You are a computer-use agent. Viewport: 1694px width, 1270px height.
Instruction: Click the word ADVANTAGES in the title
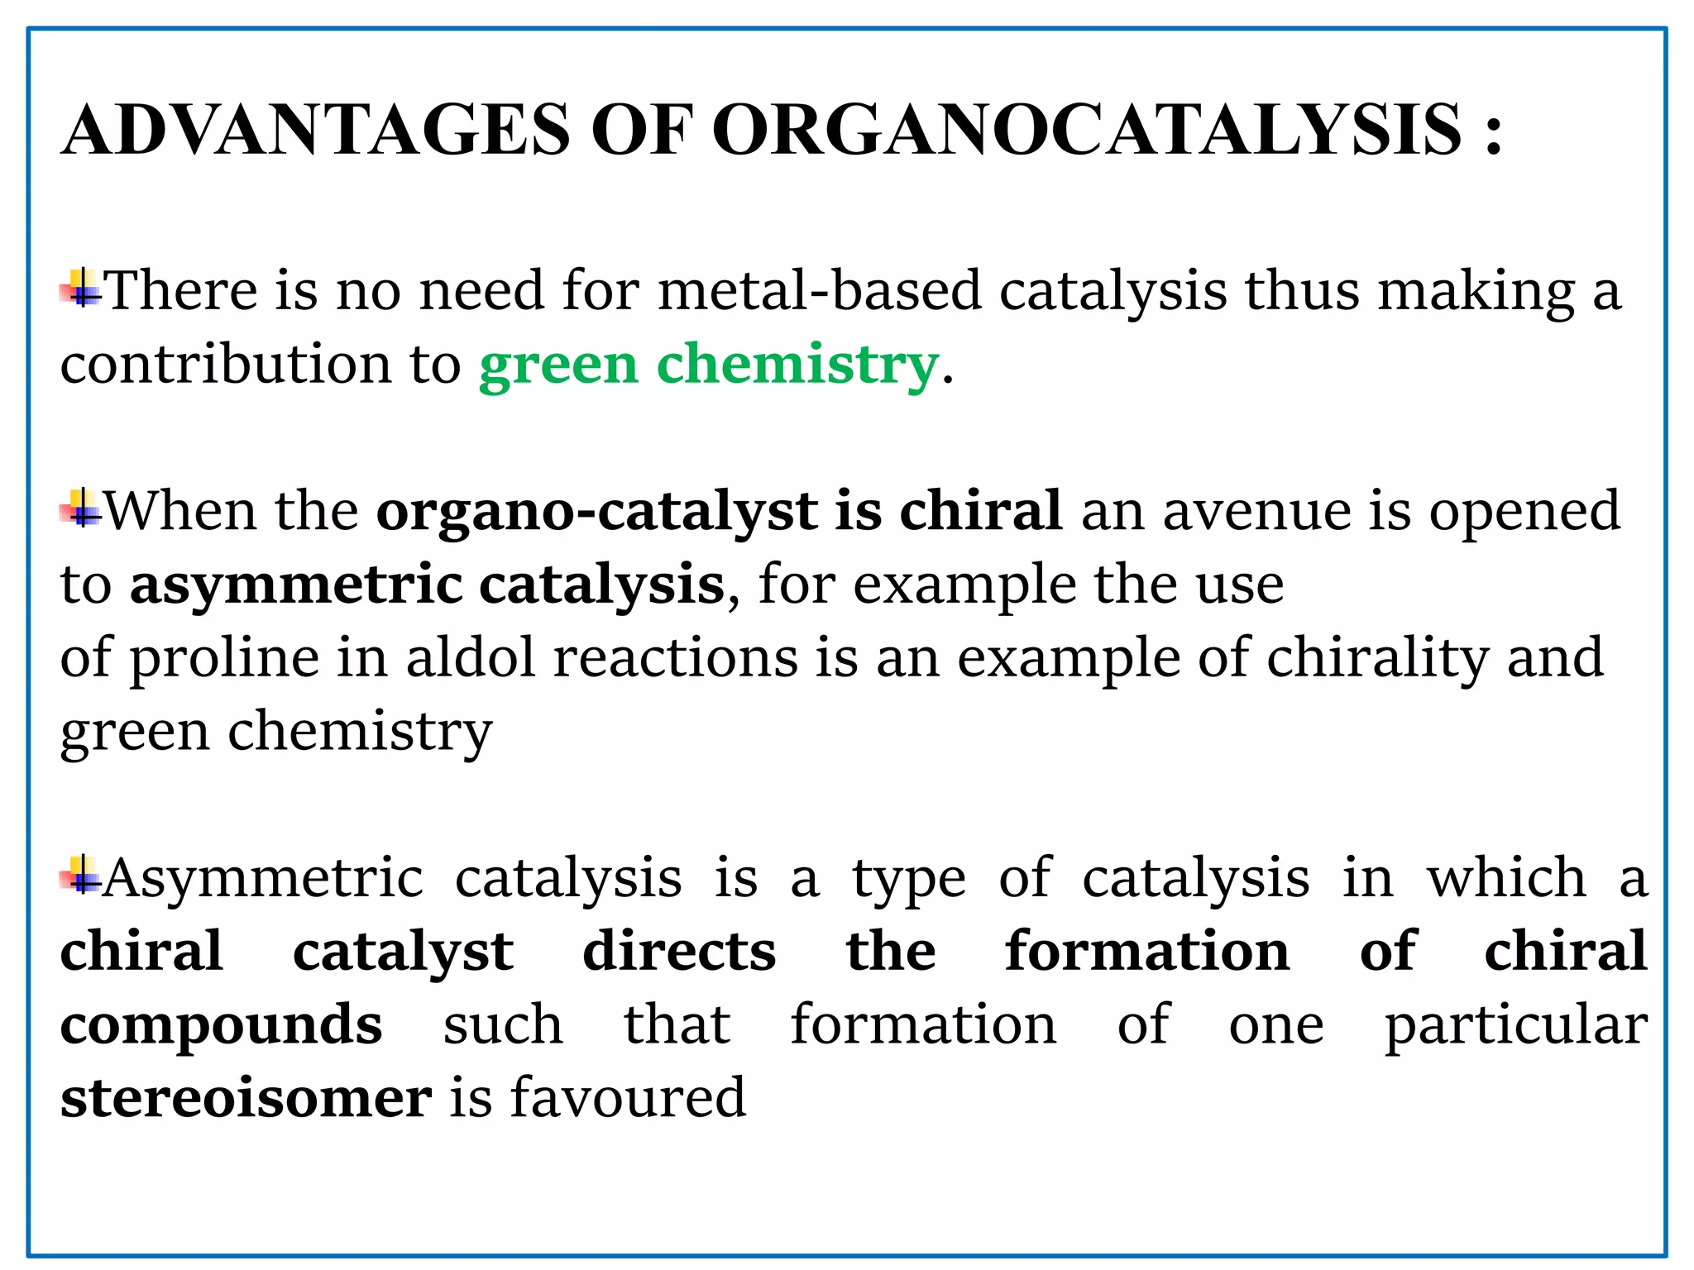[316, 130]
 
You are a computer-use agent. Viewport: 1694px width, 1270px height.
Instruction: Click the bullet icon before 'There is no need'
[81, 289]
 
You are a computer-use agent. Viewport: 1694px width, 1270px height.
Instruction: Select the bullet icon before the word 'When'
[81, 508]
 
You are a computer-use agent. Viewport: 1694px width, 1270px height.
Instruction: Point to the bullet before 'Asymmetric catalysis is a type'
[81, 876]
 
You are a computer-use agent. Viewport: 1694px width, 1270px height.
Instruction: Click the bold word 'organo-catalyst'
[596, 510]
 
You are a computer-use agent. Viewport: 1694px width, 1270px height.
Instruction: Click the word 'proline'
[224, 659]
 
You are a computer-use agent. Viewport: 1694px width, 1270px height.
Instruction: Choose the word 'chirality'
[1377, 659]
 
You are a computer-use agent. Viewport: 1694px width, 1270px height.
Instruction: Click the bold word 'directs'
[679, 951]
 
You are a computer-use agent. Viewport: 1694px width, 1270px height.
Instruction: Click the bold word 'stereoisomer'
[246, 1098]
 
